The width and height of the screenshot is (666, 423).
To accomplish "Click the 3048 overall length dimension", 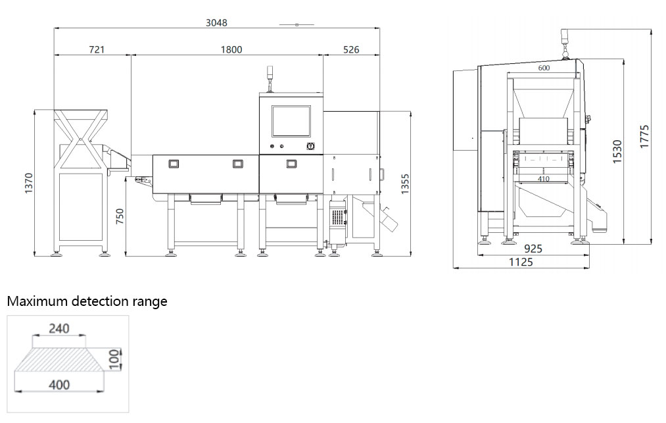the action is pyautogui.click(x=216, y=22).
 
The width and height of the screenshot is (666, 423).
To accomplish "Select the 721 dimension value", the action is pyautogui.click(x=97, y=50).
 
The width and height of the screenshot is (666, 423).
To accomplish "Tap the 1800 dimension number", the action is pyautogui.click(x=231, y=50).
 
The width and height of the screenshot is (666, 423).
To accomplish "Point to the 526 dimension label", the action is pyautogui.click(x=351, y=50).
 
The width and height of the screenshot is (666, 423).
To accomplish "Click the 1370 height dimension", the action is pyautogui.click(x=28, y=184).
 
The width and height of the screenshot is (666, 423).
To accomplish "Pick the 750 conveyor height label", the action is pyautogui.click(x=120, y=217).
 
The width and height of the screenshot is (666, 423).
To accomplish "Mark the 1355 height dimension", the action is pyautogui.click(x=405, y=184).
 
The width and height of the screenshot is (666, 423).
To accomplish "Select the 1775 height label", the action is pyautogui.click(x=644, y=136).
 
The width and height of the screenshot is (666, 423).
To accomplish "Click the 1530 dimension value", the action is pyautogui.click(x=617, y=151).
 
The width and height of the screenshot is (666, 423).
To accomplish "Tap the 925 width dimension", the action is pyautogui.click(x=533, y=249).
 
